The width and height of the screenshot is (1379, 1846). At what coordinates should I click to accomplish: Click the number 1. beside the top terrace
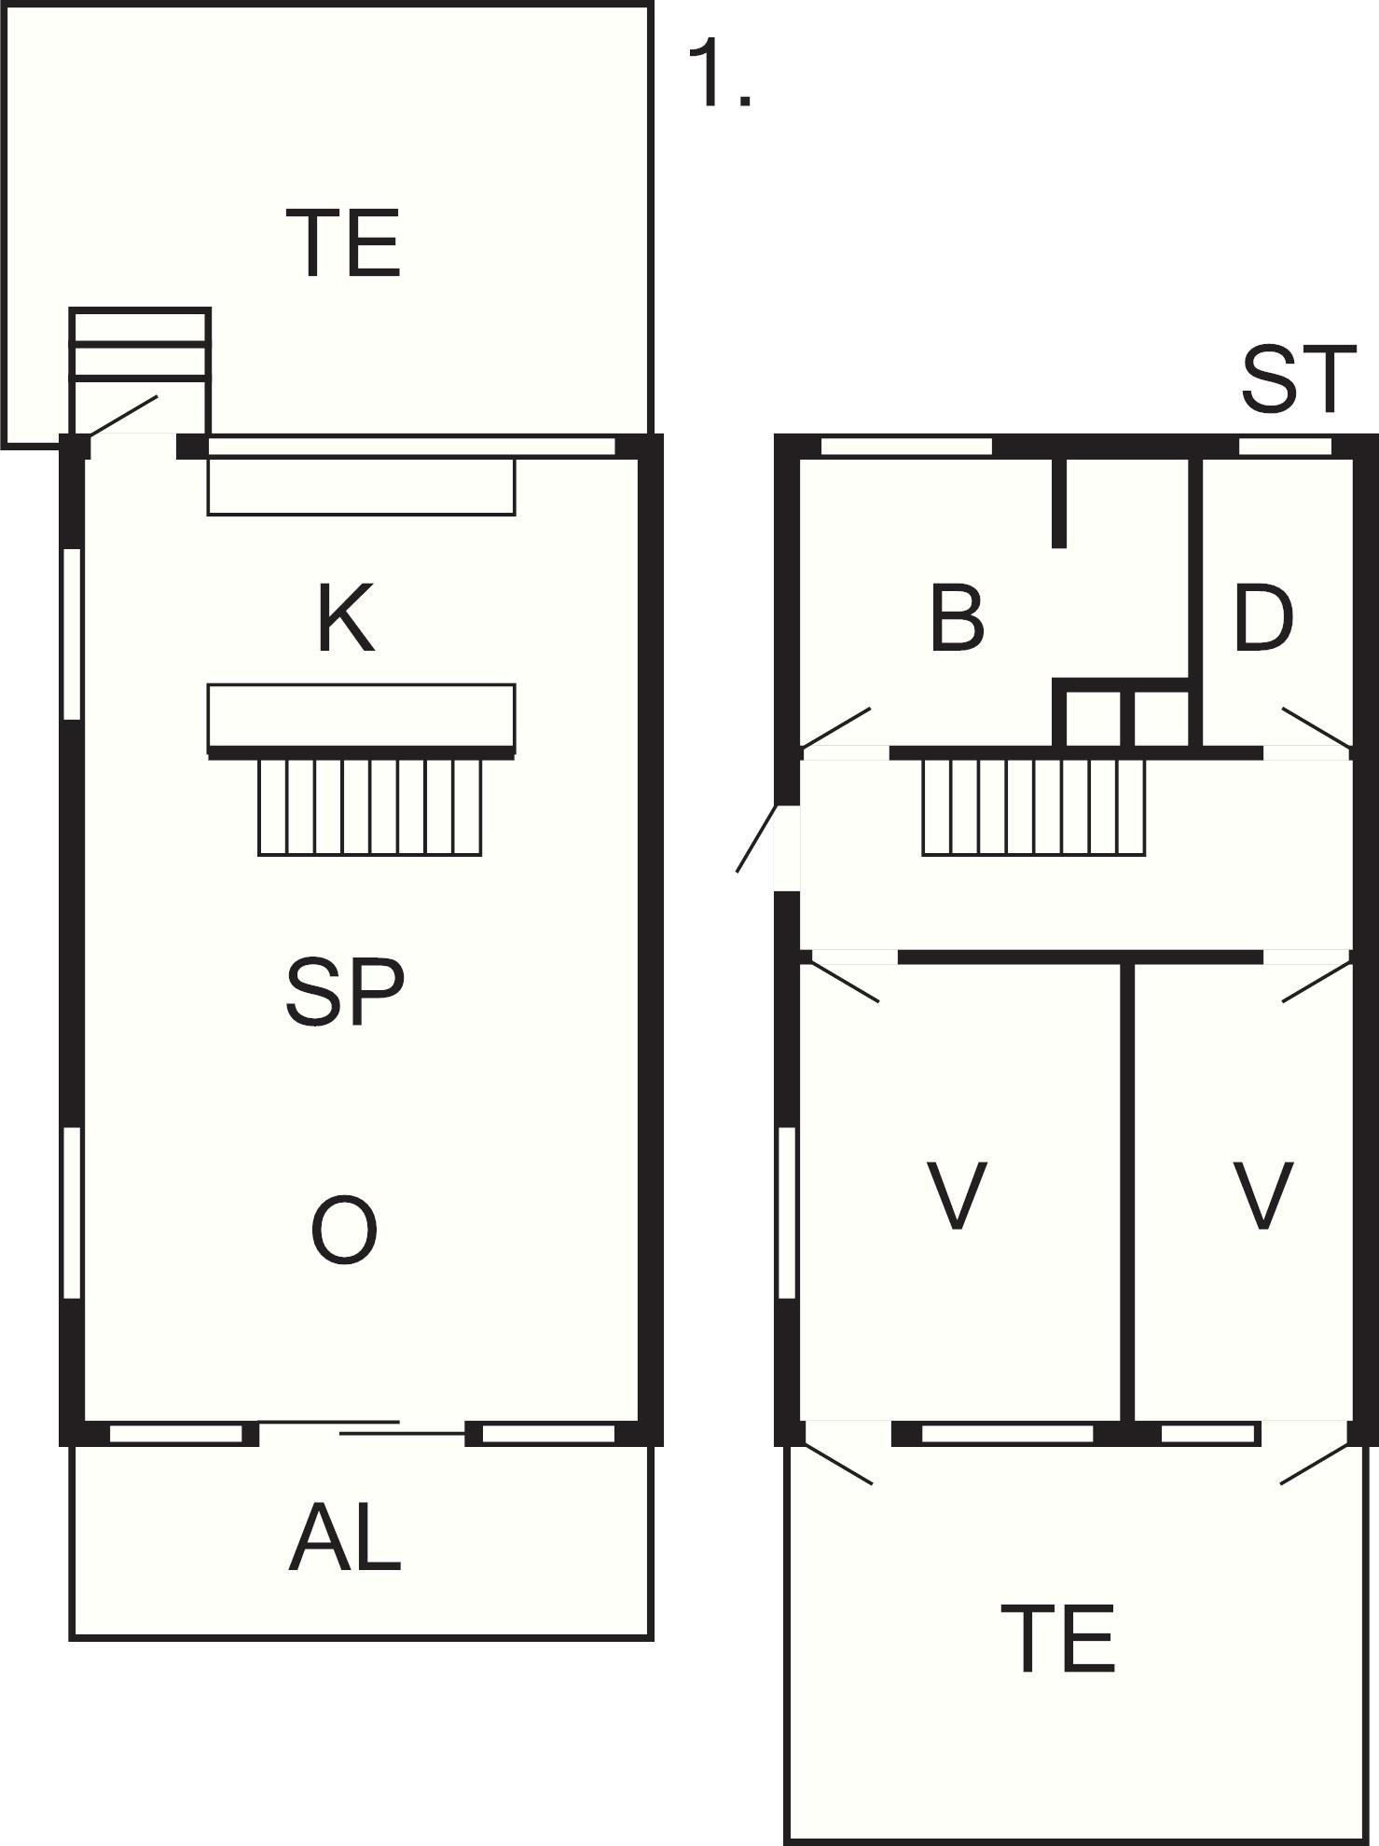click(x=719, y=75)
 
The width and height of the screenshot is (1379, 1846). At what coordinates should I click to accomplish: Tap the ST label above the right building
click(x=1297, y=379)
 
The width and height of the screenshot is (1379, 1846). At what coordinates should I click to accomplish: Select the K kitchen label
click(x=346, y=617)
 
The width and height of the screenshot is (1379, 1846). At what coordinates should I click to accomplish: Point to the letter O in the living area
click(x=344, y=1231)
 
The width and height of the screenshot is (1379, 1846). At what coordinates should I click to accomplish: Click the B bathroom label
click(x=957, y=617)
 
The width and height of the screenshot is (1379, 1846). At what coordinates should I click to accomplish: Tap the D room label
click(x=1263, y=617)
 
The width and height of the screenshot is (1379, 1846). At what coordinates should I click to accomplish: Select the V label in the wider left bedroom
click(x=957, y=1194)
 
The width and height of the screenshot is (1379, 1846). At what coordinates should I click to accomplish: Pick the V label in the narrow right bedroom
click(x=1263, y=1194)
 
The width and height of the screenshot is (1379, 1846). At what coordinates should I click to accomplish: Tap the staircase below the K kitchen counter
click(x=370, y=807)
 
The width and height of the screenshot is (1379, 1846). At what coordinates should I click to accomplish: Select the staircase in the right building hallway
click(x=1034, y=807)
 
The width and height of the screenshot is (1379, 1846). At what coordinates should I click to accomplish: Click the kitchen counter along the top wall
click(x=361, y=485)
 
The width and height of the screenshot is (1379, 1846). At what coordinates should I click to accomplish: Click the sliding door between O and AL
click(x=362, y=1427)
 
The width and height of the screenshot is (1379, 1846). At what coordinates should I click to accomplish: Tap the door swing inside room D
click(x=1317, y=727)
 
